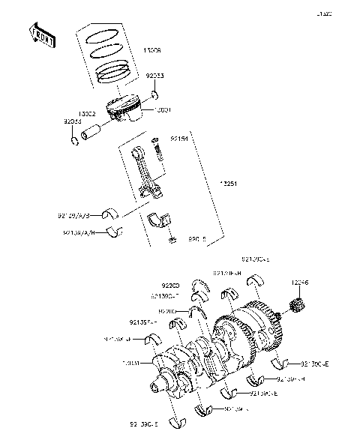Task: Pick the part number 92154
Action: (x=178, y=139)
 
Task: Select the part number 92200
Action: (x=172, y=286)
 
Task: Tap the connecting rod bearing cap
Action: (x=161, y=220)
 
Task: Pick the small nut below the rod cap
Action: (x=172, y=240)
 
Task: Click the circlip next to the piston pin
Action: (x=76, y=139)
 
